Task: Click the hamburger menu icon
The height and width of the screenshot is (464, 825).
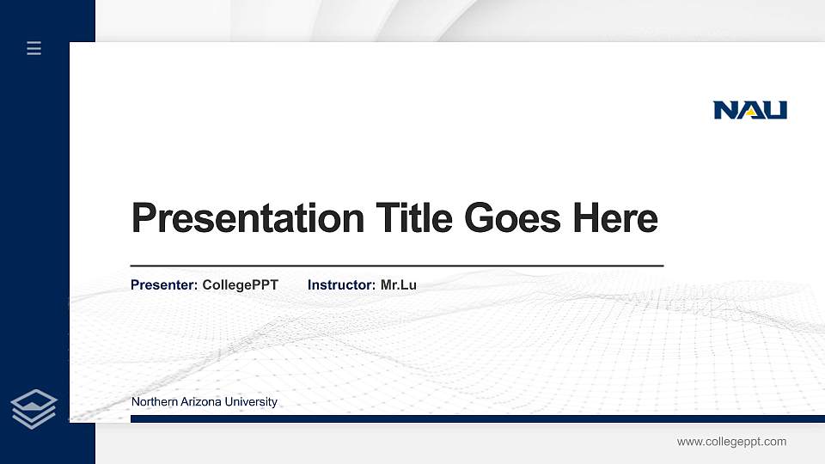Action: [34, 48]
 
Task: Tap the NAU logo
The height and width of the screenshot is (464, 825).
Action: [749, 110]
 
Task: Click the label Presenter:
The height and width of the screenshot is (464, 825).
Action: [164, 284]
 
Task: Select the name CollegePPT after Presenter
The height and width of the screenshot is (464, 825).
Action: [240, 284]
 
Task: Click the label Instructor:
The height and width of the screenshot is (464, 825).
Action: [341, 284]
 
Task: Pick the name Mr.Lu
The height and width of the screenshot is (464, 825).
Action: [398, 284]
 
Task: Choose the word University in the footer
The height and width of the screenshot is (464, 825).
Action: [250, 402]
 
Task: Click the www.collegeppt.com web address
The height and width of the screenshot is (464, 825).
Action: [731, 442]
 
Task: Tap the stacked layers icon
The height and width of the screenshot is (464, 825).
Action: [34, 407]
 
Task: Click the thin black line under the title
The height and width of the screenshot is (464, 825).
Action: [396, 266]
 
